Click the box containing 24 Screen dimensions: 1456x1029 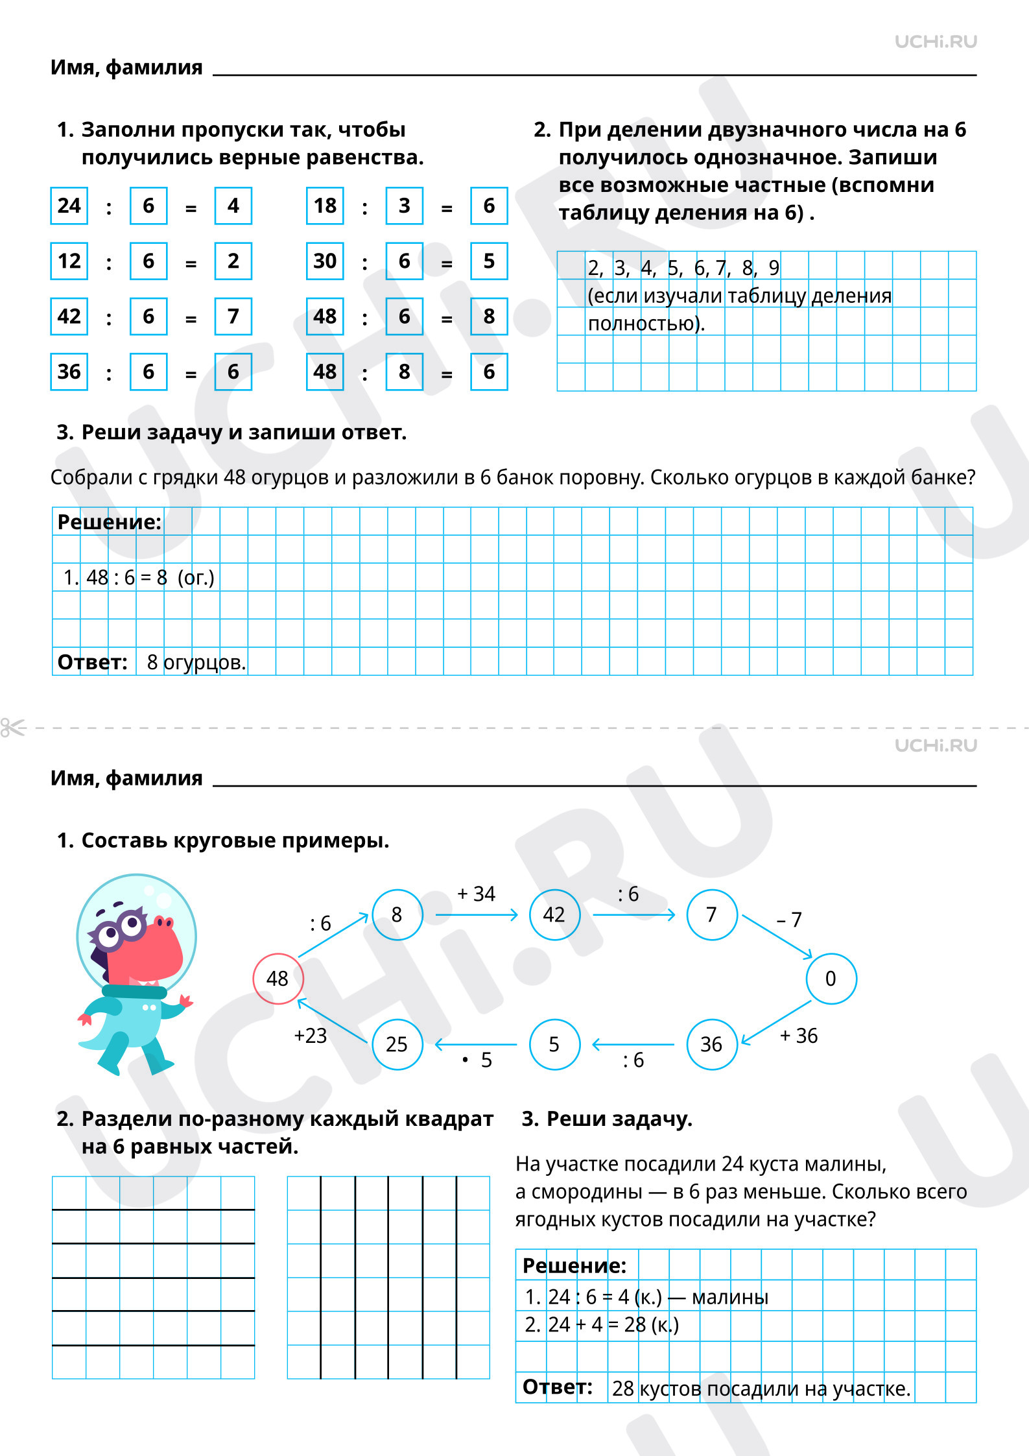(69, 206)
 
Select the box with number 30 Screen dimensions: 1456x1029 (325, 261)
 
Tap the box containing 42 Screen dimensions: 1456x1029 (69, 316)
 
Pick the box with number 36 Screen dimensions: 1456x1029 (69, 372)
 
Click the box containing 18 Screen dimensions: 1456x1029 (325, 206)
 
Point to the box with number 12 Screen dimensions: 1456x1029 (69, 261)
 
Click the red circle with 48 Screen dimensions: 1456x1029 (278, 978)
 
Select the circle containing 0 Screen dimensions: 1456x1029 (831, 978)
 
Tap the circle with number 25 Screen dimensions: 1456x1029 (397, 1044)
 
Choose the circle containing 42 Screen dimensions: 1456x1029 (554, 914)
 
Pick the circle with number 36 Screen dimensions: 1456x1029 (711, 1044)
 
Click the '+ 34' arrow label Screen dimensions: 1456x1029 (476, 894)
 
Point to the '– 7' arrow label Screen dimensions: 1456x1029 (789, 919)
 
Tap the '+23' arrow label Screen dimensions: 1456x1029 (310, 1035)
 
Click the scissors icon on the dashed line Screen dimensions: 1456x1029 (12, 728)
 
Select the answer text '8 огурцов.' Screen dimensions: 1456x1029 (196, 662)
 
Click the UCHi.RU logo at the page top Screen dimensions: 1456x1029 (935, 42)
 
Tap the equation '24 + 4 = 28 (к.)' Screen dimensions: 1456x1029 (613, 1324)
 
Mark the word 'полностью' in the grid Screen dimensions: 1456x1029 (645, 323)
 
